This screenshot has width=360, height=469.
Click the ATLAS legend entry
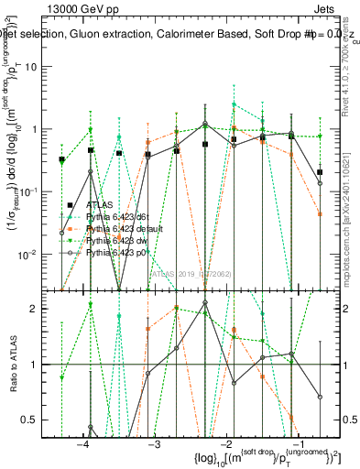coord(95,204)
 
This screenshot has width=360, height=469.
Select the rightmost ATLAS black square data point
coord(320,172)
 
